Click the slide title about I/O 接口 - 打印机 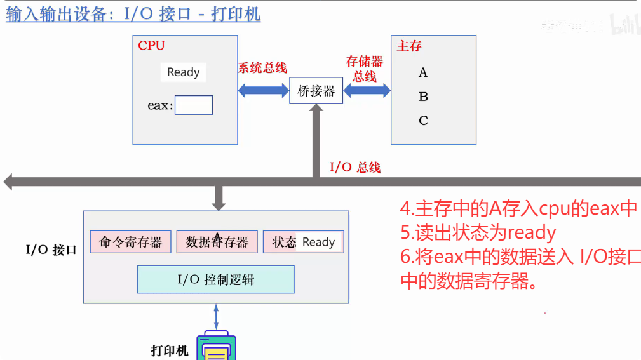click(133, 14)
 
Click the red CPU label click(151, 46)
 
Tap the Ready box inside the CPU click(183, 72)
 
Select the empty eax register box click(194, 105)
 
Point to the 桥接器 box click(316, 91)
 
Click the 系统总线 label click(262, 68)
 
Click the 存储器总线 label click(365, 69)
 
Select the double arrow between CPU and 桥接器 click(264, 90)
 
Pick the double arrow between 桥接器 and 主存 click(367, 91)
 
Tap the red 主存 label click(409, 46)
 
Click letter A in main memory click(423, 73)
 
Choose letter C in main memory click(423, 121)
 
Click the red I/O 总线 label click(354, 168)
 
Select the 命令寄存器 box click(131, 242)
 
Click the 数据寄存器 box click(217, 242)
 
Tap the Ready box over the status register click(319, 242)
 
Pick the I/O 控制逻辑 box click(216, 279)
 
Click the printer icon click(216, 346)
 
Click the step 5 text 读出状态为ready click(478, 233)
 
